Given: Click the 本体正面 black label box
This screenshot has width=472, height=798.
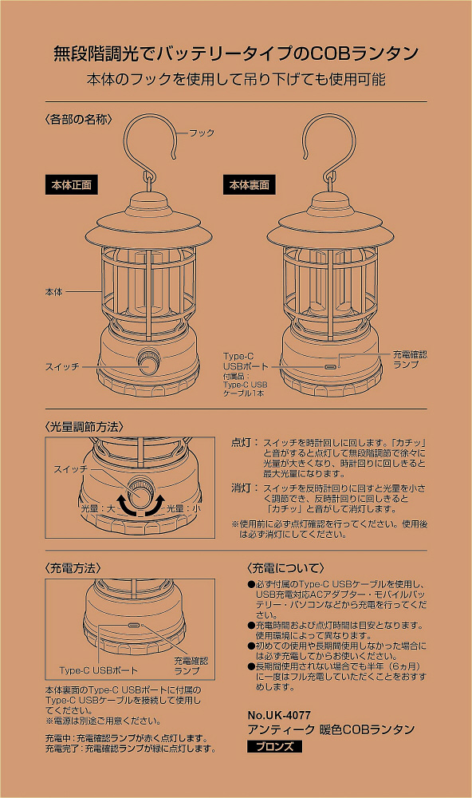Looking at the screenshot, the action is point(71,185).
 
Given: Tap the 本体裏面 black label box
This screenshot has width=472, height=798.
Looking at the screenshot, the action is point(250,185).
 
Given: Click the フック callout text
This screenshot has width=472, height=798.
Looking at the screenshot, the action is point(202,132).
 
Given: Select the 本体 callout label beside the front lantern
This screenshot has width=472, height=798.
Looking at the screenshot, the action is point(54,292).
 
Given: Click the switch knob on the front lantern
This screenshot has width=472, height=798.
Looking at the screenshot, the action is point(148,361).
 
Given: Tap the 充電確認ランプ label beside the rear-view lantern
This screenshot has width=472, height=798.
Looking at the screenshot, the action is point(410,359).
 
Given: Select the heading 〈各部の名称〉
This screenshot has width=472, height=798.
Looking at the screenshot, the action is point(78,119).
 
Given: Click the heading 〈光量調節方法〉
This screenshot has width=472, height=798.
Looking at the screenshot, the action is point(84,426).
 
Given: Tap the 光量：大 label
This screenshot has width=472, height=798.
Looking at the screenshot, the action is point(97,508).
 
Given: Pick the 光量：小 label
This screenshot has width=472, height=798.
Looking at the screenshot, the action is point(183,508).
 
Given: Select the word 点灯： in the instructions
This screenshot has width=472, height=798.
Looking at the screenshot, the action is point(245,442).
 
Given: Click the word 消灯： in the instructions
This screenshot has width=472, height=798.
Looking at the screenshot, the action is point(245,488).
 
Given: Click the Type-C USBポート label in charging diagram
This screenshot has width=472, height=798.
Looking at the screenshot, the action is point(98,670).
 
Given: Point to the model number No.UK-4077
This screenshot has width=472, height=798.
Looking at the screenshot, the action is point(279,715).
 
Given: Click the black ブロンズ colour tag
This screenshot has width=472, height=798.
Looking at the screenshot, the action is point(274,747).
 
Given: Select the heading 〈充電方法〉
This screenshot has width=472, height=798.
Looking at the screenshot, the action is point(73,568).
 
